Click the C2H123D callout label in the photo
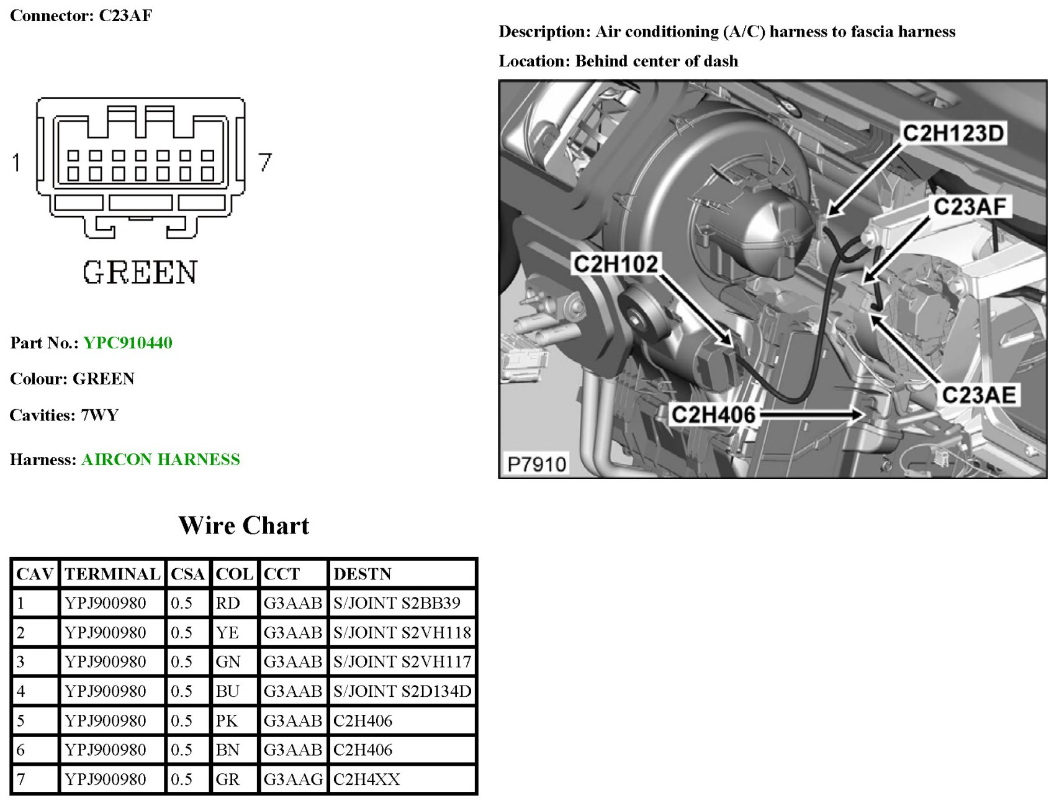point(953,133)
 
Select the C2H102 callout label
point(615,264)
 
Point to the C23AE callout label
point(978,395)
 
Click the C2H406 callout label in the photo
point(713,415)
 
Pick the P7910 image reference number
point(536,464)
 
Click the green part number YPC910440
point(128,343)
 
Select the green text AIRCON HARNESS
point(160,460)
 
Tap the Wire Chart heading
point(243,525)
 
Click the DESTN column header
point(363,574)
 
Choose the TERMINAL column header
point(112,574)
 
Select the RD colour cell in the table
point(227,603)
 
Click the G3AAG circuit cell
point(293,779)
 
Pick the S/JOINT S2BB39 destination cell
point(397,603)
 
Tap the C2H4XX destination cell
point(366,779)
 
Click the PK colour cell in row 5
point(227,720)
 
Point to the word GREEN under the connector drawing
point(140,273)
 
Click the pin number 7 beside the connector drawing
point(265,162)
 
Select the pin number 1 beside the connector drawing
point(17,163)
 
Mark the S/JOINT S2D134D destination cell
point(402,691)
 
